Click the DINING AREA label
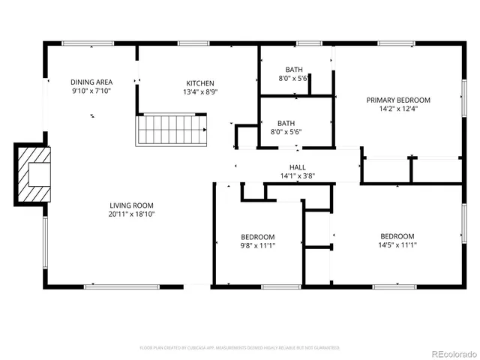[91, 82]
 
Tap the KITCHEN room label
[200, 83]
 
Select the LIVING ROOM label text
[131, 205]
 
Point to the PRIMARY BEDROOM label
[397, 100]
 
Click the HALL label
[297, 167]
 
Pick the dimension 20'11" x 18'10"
[131, 214]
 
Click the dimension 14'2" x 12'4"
[397, 109]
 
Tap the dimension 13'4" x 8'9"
[200, 92]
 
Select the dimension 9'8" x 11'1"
[257, 244]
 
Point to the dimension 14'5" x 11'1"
[397, 244]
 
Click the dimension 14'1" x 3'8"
[297, 176]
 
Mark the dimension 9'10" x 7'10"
[91, 91]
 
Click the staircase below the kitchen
[171, 130]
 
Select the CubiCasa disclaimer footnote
[240, 348]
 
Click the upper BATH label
[294, 69]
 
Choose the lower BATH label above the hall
[286, 123]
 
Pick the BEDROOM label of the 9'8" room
[257, 235]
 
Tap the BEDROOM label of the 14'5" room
[397, 235]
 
